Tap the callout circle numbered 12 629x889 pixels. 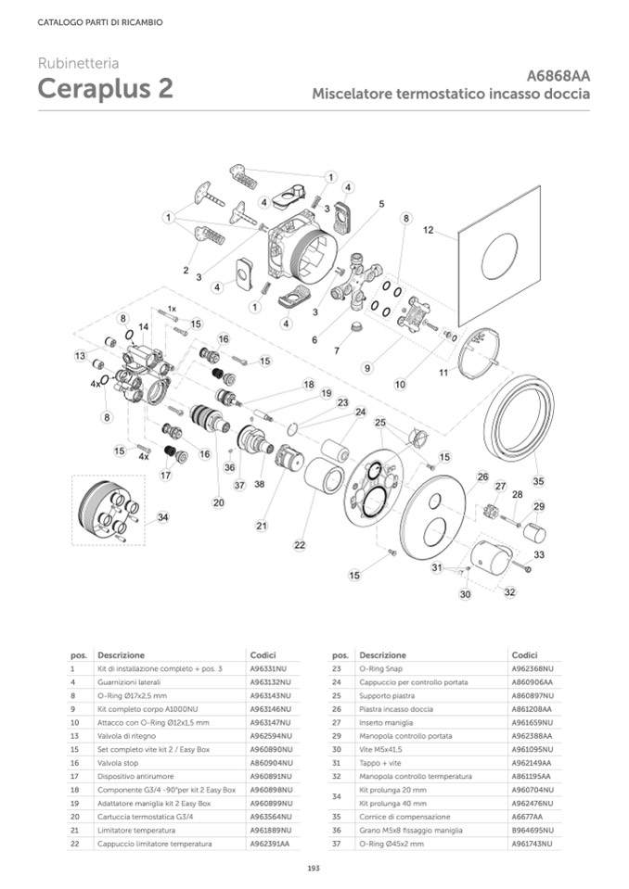tap(428, 229)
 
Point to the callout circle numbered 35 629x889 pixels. tap(538, 481)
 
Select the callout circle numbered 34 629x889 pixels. tap(162, 516)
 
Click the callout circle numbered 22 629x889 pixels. tap(299, 545)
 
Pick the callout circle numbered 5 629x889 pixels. tap(380, 203)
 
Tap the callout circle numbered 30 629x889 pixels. tap(465, 593)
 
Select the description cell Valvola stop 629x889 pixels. tap(119, 762)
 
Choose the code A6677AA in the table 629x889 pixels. tap(527, 817)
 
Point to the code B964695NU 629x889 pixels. tap(532, 831)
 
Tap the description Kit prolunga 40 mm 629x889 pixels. tap(389, 803)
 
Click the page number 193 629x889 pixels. tap(314, 869)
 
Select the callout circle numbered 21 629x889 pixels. tap(262, 526)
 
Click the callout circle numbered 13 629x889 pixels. tap(81, 356)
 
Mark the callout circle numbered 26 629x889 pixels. tap(482, 476)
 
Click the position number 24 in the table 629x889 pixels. tap(340, 681)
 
